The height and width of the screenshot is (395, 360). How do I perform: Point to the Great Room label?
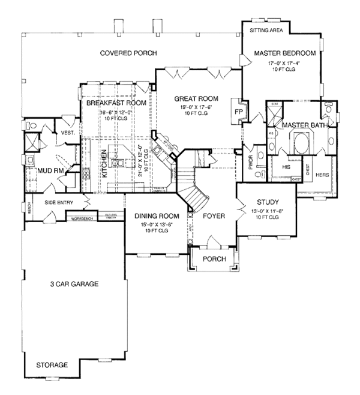pyautogui.click(x=196, y=98)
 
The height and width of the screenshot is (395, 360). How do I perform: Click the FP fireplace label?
pyautogui.click(x=238, y=112)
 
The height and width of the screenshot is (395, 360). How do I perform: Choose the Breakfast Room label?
pyautogui.click(x=116, y=103)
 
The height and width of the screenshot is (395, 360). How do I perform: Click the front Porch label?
pyautogui.click(x=214, y=259)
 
